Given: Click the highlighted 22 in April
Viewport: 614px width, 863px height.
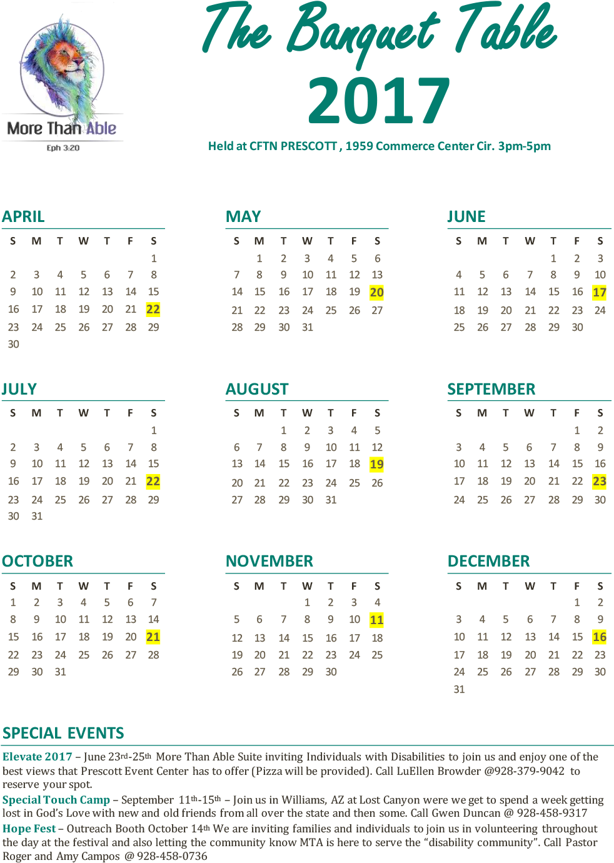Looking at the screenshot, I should pyautogui.click(x=153, y=310).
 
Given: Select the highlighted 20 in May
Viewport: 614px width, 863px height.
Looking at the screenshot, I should pyautogui.click(x=376, y=293).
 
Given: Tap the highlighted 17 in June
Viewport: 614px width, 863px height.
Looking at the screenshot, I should pyautogui.click(x=600, y=292).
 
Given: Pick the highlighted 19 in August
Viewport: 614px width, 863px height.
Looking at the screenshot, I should pyautogui.click(x=376, y=465).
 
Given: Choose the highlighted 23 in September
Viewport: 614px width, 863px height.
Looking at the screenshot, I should pyautogui.click(x=600, y=482).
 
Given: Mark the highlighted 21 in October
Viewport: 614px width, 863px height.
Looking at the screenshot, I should pyautogui.click(x=153, y=637).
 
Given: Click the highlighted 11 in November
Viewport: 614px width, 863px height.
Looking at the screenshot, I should pyautogui.click(x=376, y=620).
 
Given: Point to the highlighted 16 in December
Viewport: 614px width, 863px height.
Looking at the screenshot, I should pyautogui.click(x=600, y=637).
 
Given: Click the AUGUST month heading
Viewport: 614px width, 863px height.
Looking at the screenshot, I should pyautogui.click(x=257, y=390).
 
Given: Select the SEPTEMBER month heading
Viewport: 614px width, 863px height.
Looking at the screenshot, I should pyautogui.click(x=491, y=390).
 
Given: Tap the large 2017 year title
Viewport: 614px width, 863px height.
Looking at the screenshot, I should pyautogui.click(x=379, y=100).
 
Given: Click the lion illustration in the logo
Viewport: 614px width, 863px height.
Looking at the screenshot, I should pyautogui.click(x=63, y=69).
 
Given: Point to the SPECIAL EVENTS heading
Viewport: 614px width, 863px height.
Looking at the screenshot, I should pyautogui.click(x=63, y=733).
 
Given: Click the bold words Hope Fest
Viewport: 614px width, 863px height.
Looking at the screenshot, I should pyautogui.click(x=29, y=829).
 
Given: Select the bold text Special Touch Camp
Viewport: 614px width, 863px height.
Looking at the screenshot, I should pyautogui.click(x=56, y=800).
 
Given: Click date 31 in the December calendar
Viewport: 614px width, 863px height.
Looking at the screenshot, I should pyautogui.click(x=459, y=689).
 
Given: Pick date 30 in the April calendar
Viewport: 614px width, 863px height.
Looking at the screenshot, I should pyautogui.click(x=13, y=345).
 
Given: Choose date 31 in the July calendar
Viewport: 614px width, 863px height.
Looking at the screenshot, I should pyautogui.click(x=37, y=517).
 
